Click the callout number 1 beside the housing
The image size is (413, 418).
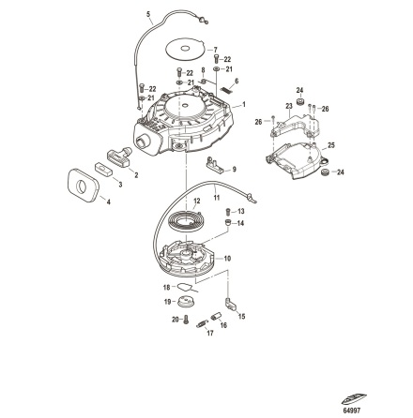(245, 105)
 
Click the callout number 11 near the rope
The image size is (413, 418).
(215, 198)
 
